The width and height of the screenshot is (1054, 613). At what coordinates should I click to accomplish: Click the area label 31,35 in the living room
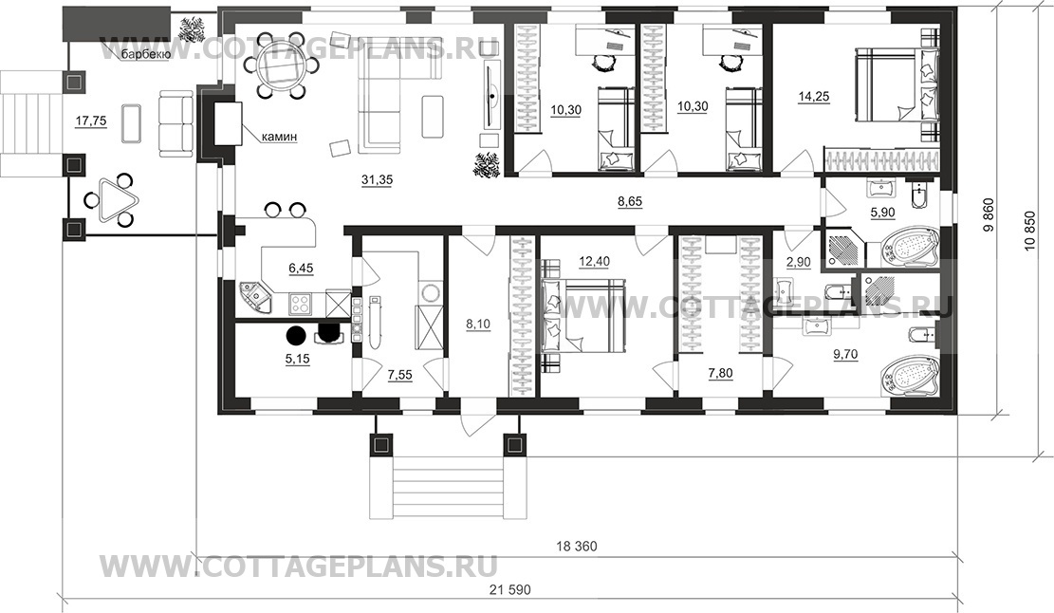click(x=377, y=179)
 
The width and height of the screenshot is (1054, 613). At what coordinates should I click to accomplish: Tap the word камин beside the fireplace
click(x=279, y=137)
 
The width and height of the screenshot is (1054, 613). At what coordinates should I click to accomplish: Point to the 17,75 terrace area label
click(x=90, y=121)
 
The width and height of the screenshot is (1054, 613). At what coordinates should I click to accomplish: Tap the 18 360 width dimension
click(x=576, y=547)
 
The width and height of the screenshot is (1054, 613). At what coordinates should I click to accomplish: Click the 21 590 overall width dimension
click(x=510, y=590)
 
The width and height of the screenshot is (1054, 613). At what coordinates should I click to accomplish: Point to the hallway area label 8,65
click(x=629, y=201)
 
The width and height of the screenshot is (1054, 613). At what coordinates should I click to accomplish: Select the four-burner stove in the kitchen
click(x=301, y=304)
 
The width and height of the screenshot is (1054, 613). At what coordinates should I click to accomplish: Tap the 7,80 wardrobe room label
click(x=721, y=373)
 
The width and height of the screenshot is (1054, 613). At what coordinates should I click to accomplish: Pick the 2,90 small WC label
click(x=799, y=263)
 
